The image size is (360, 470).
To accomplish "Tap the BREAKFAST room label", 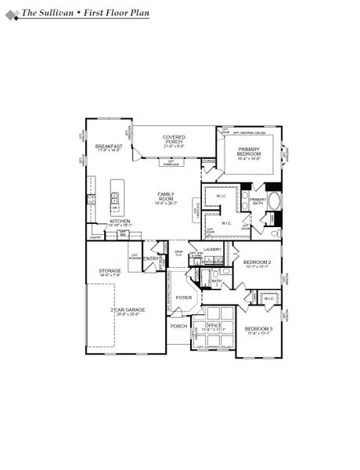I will point(110,146).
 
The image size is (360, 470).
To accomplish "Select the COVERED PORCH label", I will point(174,139).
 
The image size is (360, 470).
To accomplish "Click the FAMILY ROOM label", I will point(167,196).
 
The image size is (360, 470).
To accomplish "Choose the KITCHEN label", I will point(120,222).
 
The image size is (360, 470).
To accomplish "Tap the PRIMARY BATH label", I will point(258,200).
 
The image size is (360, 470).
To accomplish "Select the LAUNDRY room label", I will point(213,249).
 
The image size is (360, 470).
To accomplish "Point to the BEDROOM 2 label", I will point(257,262).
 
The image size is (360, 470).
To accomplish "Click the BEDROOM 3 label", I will point(258,329).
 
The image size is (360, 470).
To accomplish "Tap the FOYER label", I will point(184,298).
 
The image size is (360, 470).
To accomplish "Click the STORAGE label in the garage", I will point(110,271).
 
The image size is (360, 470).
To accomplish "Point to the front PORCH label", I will point(179,327).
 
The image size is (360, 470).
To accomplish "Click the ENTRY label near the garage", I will point(151,258).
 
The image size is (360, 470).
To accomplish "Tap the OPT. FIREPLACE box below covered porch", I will point(171,162).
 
